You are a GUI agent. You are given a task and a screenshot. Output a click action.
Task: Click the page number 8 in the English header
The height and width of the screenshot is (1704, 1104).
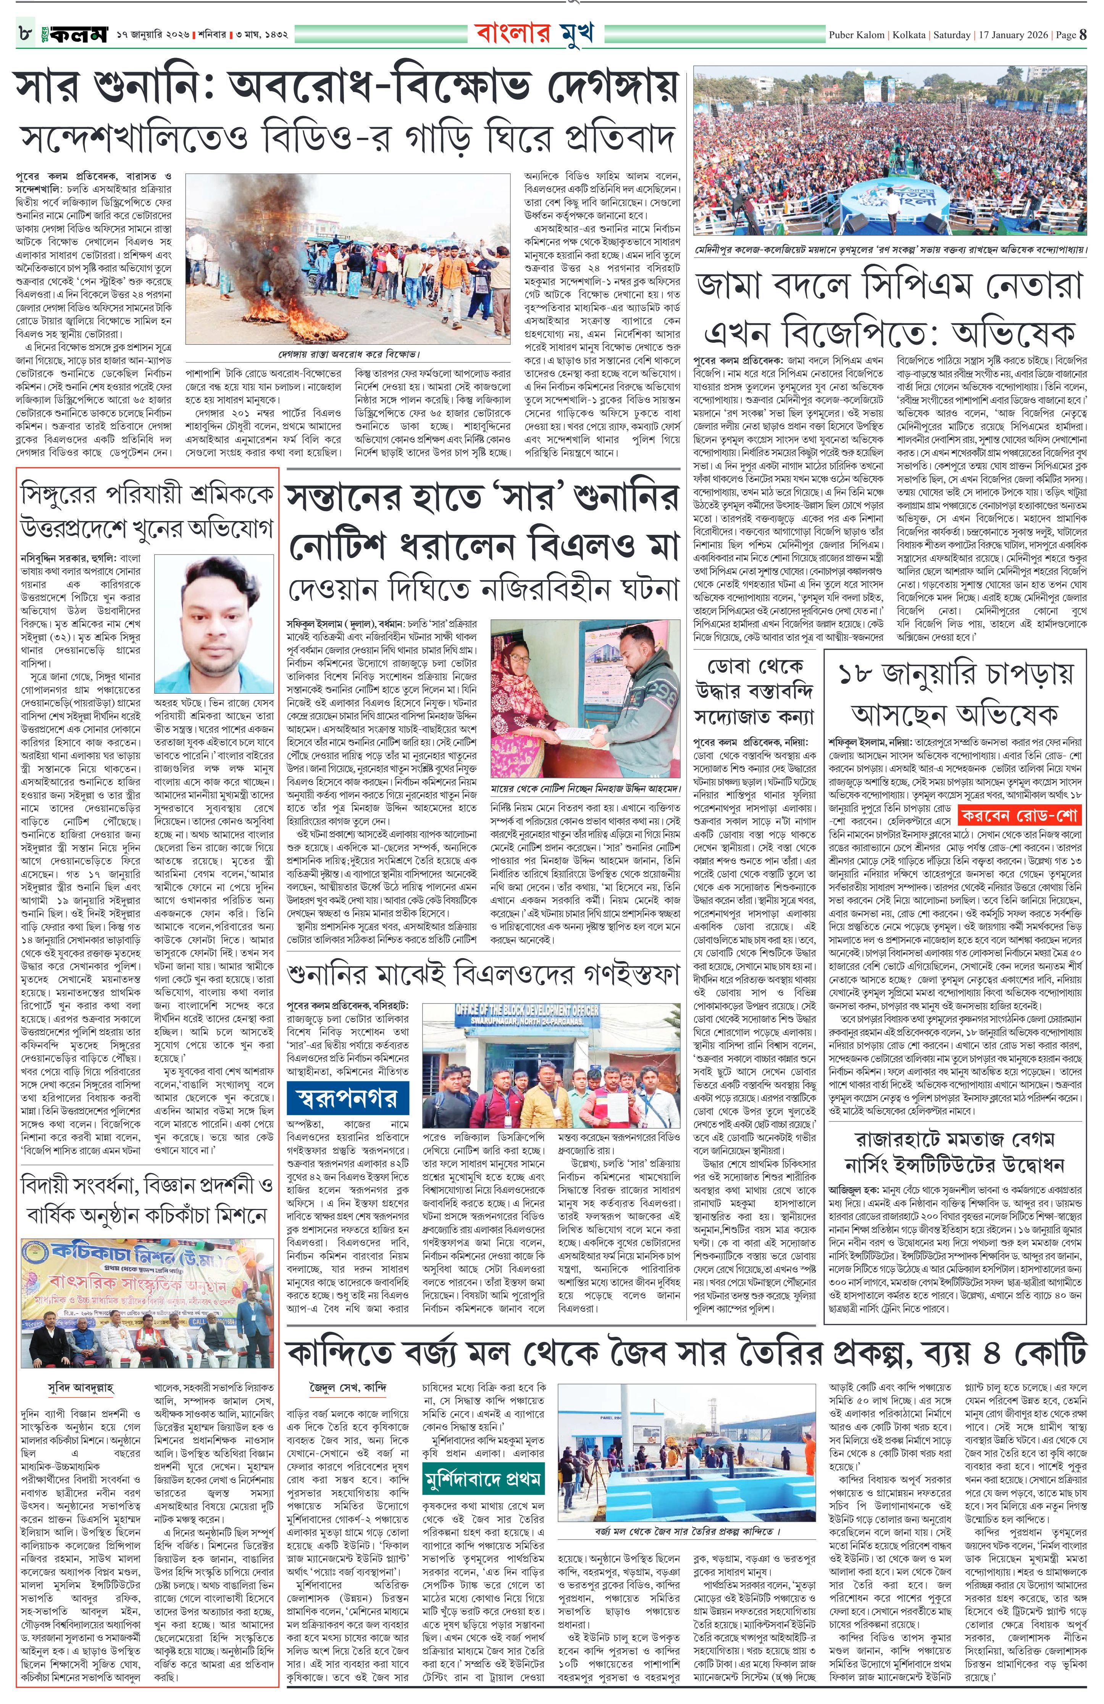click(1083, 34)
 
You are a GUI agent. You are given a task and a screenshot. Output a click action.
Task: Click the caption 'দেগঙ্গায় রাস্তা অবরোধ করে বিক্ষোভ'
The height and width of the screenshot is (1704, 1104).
click(349, 354)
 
